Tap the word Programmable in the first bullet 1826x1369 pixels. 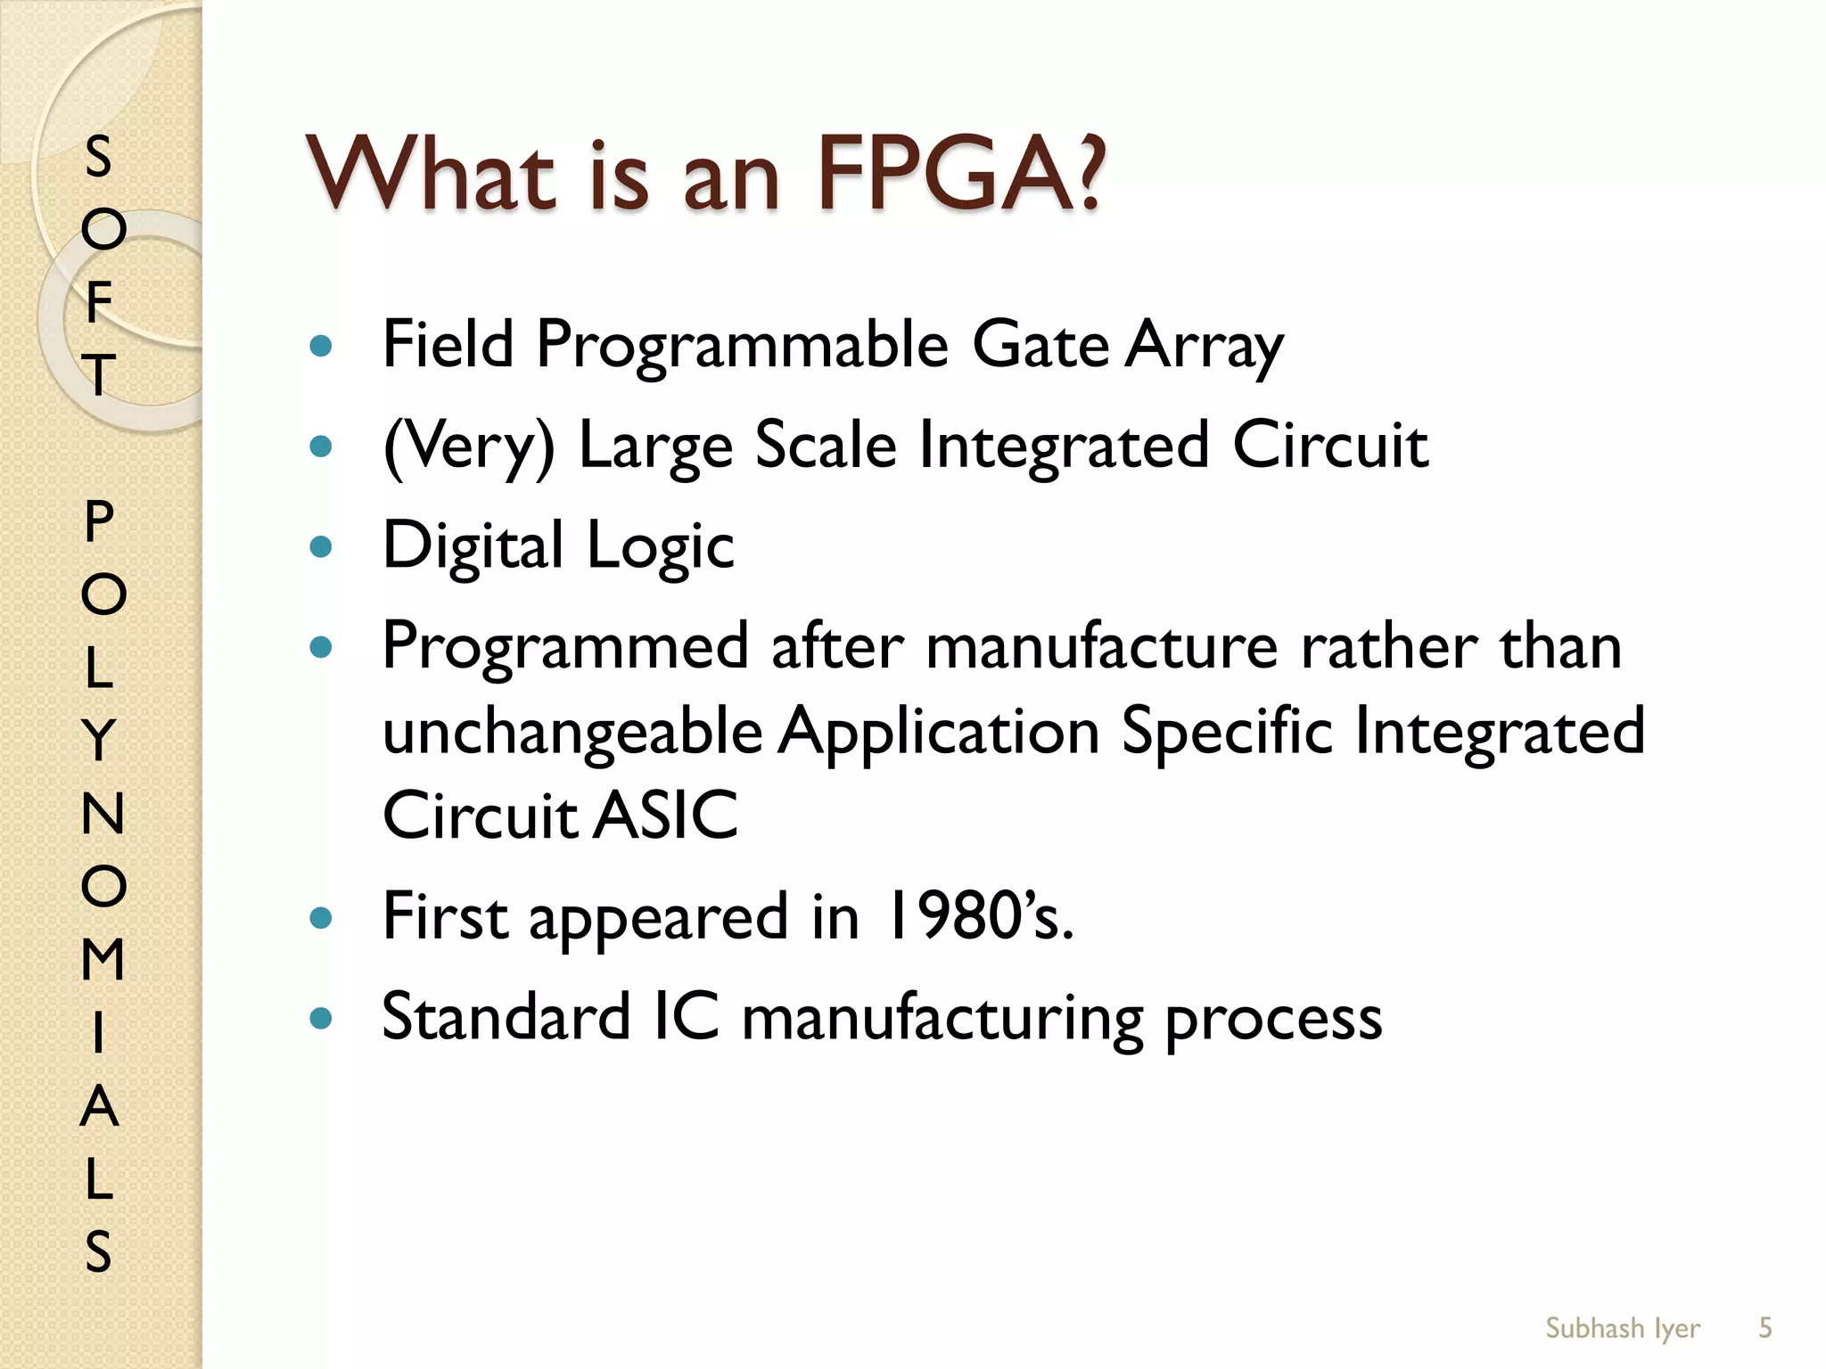point(742,346)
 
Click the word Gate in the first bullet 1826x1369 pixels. point(1040,346)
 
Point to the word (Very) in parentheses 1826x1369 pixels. point(469,447)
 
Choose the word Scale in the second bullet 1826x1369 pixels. point(826,445)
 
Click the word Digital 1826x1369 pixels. point(473,546)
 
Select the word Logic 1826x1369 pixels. point(661,546)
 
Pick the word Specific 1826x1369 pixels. point(1226,731)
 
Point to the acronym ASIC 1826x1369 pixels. point(666,816)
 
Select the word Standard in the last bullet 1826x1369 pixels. point(506,1017)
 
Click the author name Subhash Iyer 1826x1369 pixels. point(1622,1328)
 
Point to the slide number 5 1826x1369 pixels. point(1764,1328)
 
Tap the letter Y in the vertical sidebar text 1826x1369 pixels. point(99,740)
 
